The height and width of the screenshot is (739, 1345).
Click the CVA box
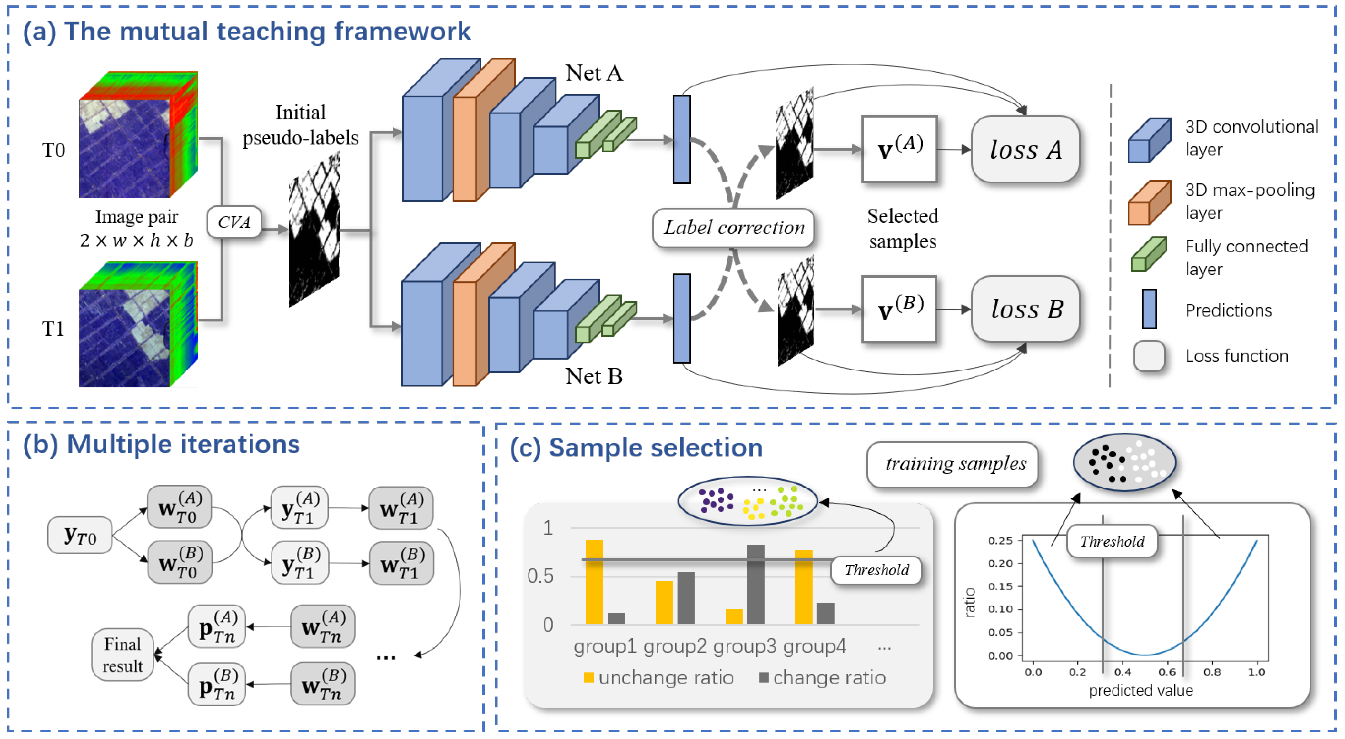[x=234, y=222]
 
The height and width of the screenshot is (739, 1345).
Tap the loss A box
[x=1025, y=150]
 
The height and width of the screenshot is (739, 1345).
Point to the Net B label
[x=594, y=376]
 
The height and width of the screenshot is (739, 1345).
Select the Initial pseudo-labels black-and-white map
[x=314, y=230]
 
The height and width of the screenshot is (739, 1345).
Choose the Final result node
[x=123, y=655]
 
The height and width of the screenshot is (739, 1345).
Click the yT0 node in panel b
[x=80, y=535]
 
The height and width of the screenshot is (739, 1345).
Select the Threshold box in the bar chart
[x=876, y=570]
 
